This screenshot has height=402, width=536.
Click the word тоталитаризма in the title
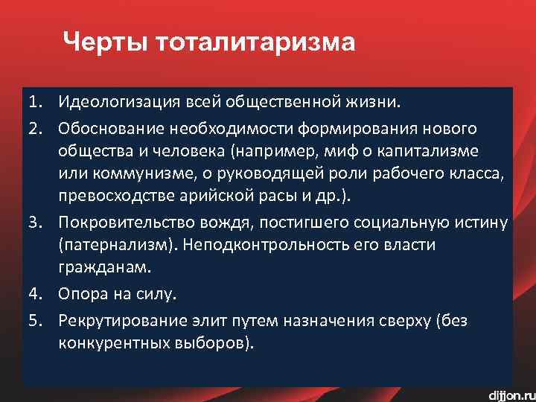(255, 42)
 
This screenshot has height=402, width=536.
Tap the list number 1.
(36, 99)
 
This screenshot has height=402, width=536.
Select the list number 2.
(36, 129)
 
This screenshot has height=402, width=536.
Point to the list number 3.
(36, 222)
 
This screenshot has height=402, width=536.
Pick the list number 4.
(36, 294)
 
